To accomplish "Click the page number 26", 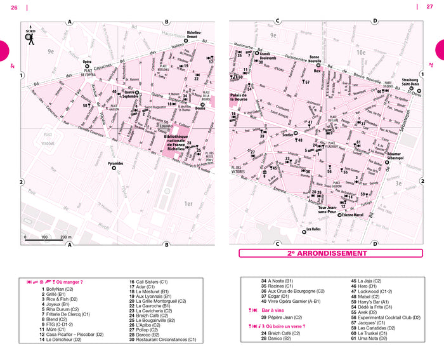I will pos(13,7).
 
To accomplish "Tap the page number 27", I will pos(429,7).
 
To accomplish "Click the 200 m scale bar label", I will pos(65,237).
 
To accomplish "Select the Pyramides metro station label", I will pos(115,163).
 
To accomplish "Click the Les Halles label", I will pos(313,229).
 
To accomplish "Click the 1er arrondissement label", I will pos(188,203).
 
